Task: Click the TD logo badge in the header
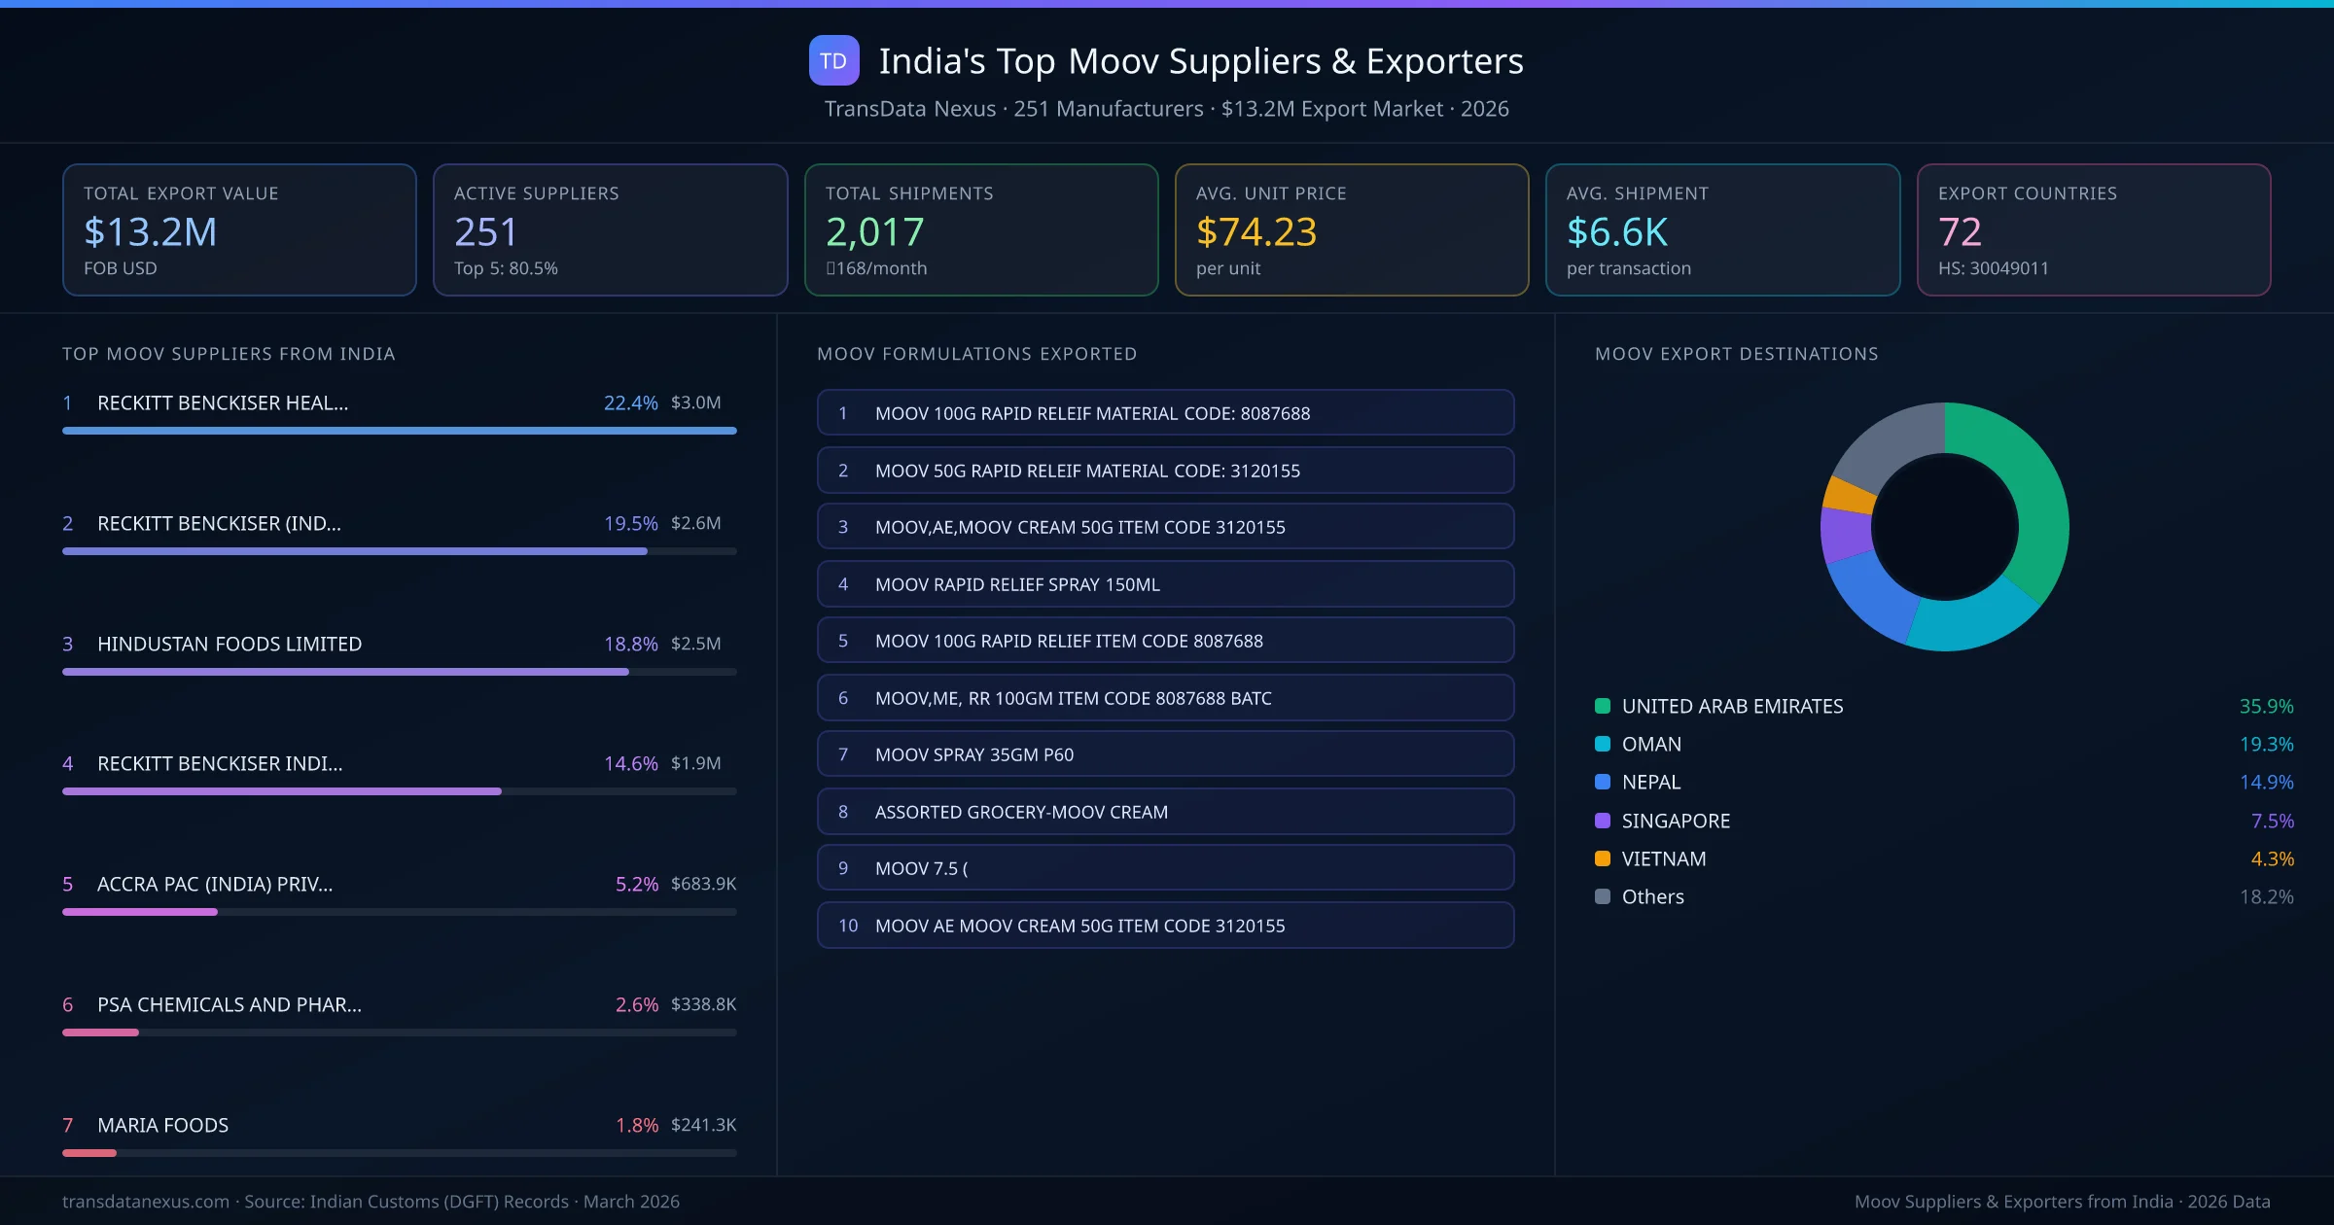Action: pos(833,61)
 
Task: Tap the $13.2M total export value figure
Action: pos(150,232)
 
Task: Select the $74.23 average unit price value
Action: pos(1255,232)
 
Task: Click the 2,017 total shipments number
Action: pos(874,232)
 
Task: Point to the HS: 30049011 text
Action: pos(1993,268)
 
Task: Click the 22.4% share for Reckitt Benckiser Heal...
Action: pos(630,402)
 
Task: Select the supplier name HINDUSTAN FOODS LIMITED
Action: pos(230,644)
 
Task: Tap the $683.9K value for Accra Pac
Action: pos(703,884)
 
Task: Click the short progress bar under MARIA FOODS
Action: pos(89,1153)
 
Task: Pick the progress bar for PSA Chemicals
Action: pos(101,1032)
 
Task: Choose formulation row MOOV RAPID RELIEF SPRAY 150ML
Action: pos(1165,584)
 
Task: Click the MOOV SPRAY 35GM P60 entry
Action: pos(1165,754)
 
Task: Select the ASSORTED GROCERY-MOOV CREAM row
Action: pos(1165,812)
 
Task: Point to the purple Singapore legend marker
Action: pos(1603,821)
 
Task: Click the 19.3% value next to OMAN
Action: pos(2266,745)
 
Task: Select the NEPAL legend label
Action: pos(1650,783)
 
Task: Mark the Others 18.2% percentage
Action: pos(2266,896)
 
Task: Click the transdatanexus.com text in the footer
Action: pos(146,1202)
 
